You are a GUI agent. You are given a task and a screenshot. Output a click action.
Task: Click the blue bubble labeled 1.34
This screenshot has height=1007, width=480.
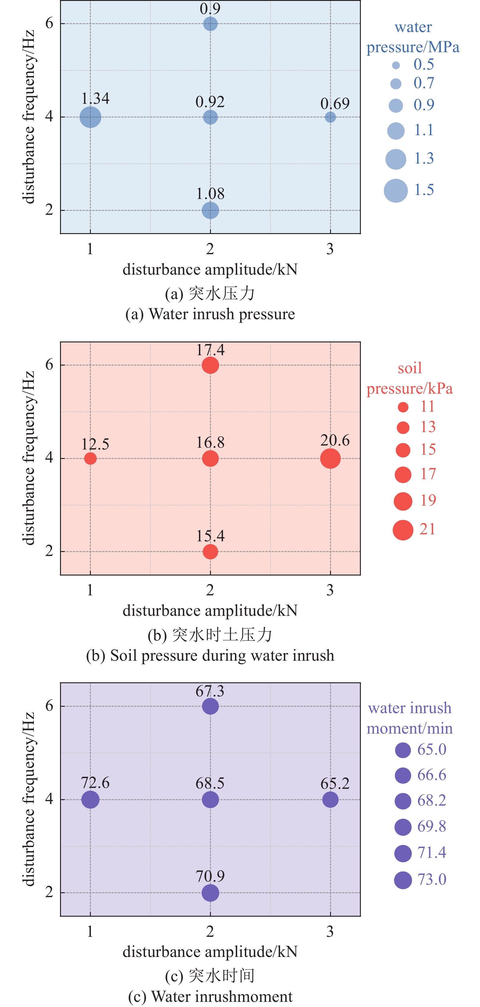tap(90, 117)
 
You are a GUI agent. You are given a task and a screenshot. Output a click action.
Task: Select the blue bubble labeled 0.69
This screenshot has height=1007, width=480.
tap(330, 117)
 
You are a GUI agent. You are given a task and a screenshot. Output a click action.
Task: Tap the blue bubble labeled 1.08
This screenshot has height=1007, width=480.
tap(210, 210)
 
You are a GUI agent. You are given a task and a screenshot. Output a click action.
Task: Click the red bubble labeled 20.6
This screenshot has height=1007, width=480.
tap(330, 458)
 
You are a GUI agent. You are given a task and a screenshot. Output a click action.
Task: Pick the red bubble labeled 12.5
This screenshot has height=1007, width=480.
tap(90, 458)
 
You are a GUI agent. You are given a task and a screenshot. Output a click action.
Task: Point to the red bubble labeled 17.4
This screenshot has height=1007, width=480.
tap(210, 365)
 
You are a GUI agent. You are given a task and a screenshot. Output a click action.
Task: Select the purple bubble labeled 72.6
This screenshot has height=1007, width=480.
tap(90, 799)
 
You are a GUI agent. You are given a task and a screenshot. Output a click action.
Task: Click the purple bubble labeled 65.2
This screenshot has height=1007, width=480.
tap(330, 799)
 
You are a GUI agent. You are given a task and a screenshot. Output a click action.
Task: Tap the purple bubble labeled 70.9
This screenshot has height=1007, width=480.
tap(210, 893)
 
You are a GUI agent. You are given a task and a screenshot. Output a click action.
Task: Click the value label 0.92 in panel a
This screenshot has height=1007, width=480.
tap(210, 102)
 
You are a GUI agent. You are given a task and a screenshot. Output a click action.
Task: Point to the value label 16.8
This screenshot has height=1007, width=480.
tap(210, 442)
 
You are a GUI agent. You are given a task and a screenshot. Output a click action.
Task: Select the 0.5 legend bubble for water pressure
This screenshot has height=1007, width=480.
tap(396, 65)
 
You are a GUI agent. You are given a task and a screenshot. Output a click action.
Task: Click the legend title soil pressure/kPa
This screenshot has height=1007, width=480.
tap(409, 378)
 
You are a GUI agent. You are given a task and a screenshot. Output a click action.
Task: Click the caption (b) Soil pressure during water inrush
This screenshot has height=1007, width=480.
tap(210, 655)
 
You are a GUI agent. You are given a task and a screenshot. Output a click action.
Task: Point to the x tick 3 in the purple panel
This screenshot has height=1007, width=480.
tap(330, 932)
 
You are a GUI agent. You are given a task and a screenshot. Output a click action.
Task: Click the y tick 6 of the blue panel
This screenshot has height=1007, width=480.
tap(49, 23)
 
